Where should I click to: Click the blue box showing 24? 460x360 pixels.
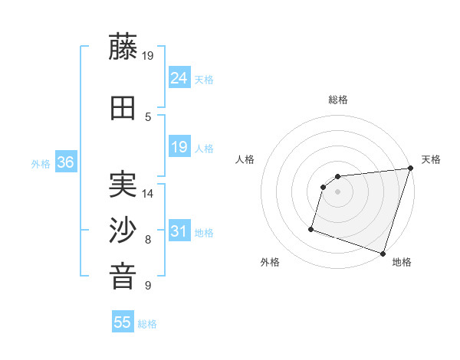pos(179,78)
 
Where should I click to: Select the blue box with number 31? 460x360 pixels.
pos(179,231)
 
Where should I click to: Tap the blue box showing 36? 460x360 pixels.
pos(66,162)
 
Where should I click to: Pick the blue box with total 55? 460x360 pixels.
pos(123,322)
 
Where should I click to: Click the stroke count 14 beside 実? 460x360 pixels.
pos(148,194)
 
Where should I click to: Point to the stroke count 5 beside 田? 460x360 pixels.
pos(148,116)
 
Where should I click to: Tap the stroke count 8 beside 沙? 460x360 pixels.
pos(148,240)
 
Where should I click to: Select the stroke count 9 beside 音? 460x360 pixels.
pos(148,286)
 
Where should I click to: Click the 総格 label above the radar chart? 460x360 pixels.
pos(337,100)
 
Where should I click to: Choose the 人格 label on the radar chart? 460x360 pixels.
pos(245,159)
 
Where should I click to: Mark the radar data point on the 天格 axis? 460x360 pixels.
pos(411,169)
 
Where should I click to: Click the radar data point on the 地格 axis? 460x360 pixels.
pos(383,253)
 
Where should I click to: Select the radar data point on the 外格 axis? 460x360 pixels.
pos(311,228)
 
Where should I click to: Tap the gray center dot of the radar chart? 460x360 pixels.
pos(337,192)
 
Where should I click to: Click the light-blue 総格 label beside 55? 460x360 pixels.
pos(147,324)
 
